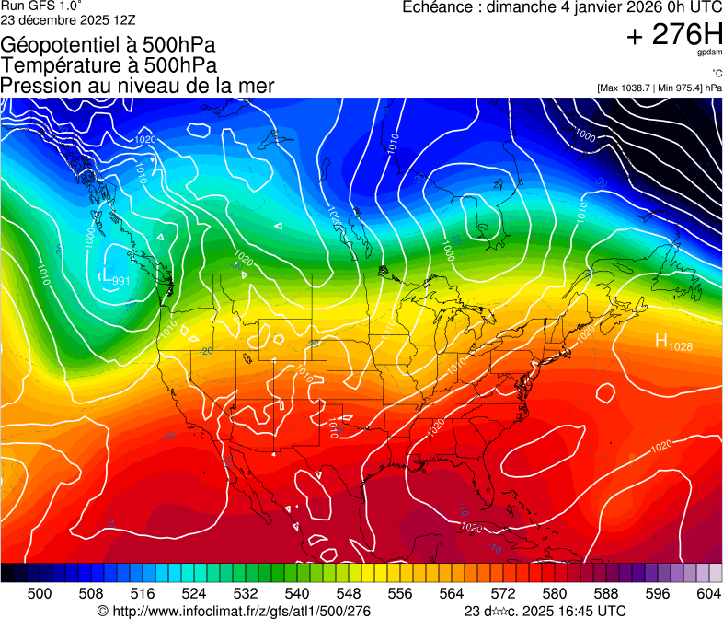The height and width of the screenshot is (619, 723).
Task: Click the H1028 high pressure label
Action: (673, 343)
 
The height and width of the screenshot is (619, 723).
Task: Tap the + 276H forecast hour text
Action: (673, 36)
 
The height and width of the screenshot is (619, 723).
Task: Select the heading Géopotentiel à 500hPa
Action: (102, 44)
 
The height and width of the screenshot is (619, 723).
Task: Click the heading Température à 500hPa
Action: (109, 64)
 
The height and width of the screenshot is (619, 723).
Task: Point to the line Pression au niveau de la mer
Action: (137, 85)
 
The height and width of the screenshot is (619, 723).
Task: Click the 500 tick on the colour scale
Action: (40, 593)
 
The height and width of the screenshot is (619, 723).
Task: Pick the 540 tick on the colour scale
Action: (297, 593)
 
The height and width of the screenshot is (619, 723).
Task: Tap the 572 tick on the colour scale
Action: (503, 593)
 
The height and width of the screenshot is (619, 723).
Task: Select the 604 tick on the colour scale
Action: (708, 593)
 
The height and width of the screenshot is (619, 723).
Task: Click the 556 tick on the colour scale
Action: (400, 593)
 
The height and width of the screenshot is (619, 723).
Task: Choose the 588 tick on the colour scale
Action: (606, 593)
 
